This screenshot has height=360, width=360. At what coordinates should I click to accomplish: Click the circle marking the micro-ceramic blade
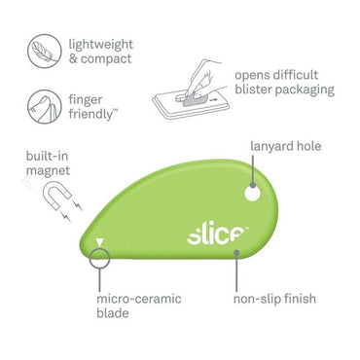click(98, 258)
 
